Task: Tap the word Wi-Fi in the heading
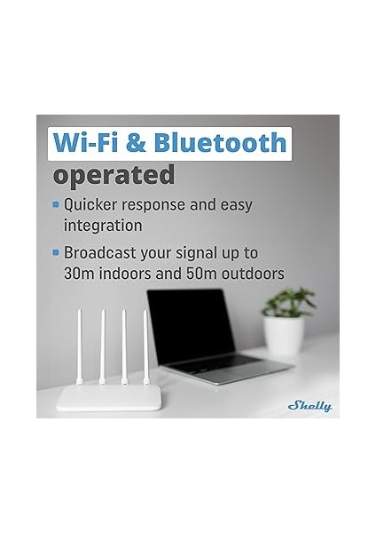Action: tap(88, 141)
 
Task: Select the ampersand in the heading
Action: tap(137, 142)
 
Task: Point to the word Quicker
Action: tap(94, 205)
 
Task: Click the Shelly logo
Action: tap(309, 406)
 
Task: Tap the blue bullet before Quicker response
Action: tap(57, 205)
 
